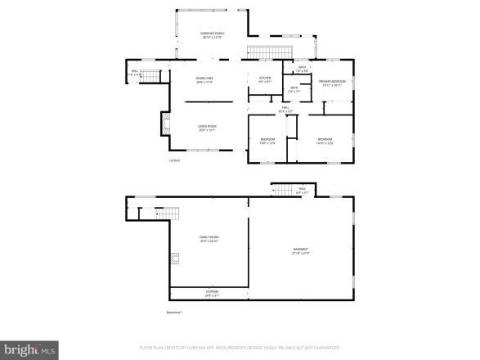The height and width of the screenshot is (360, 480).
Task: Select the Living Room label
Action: pyautogui.click(x=207, y=128)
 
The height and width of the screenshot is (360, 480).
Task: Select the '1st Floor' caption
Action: pyautogui.click(x=174, y=160)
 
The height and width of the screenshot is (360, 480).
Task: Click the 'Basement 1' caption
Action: pyautogui.click(x=175, y=312)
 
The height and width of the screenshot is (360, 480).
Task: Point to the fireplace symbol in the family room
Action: pyautogui.click(x=174, y=259)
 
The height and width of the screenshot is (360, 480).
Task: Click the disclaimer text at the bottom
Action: pyautogui.click(x=239, y=346)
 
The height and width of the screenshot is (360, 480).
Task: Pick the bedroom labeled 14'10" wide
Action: pyautogui.click(x=325, y=141)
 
